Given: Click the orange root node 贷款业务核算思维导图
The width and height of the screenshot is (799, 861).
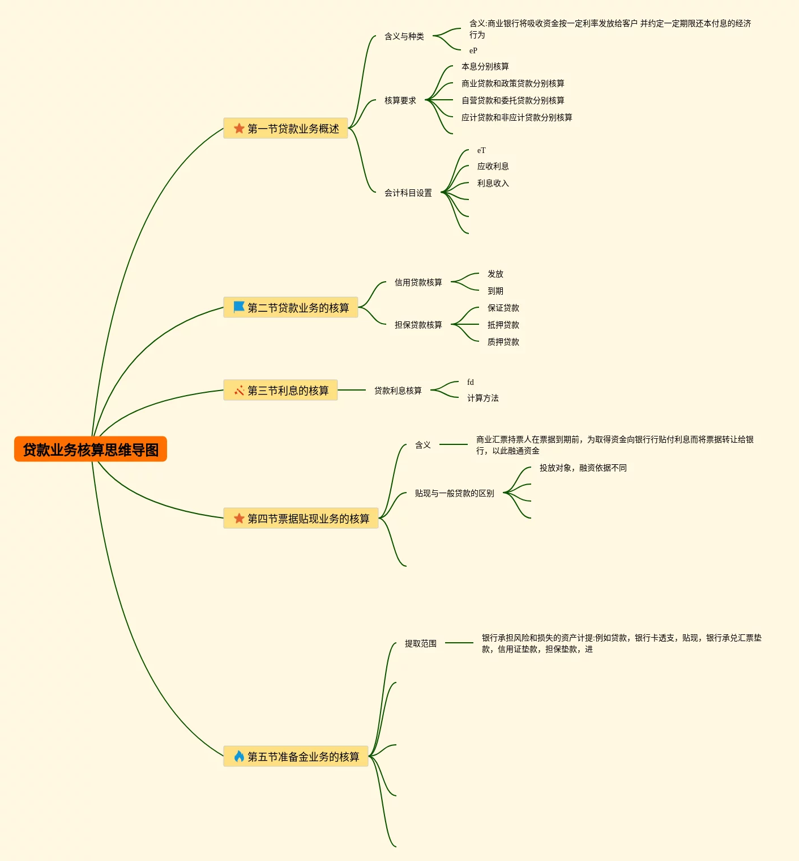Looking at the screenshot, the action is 91,449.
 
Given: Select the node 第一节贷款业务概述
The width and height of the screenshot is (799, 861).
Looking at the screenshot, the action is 293,129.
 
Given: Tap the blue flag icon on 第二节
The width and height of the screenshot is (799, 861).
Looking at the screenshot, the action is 239,307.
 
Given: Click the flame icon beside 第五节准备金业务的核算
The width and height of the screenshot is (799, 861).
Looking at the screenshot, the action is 239,756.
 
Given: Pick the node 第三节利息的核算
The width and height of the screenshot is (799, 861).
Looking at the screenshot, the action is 288,391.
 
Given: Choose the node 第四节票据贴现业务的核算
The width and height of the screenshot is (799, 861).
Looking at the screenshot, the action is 308,519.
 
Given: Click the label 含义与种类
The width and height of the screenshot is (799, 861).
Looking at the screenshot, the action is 404,36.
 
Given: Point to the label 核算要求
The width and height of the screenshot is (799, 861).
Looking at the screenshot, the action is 400,100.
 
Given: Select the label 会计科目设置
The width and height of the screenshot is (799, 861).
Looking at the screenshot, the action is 408,193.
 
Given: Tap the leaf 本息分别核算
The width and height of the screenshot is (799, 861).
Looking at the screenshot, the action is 485,66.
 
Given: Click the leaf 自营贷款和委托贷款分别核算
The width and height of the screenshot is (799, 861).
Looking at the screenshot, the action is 512,100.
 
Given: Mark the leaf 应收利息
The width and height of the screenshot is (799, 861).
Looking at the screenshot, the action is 493,166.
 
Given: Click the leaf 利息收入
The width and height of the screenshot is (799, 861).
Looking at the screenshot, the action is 493,183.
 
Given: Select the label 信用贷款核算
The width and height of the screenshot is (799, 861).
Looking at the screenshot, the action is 418,282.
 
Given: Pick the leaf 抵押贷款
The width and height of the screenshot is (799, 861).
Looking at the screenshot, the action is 503,325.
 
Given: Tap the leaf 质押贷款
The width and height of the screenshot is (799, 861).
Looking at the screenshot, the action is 503,342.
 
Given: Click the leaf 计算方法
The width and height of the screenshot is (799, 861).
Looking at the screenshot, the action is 482,398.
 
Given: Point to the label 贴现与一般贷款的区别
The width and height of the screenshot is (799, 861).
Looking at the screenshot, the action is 454,493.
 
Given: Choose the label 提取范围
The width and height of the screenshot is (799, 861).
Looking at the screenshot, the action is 420,643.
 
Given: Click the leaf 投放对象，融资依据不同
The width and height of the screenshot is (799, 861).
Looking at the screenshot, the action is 583,468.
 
